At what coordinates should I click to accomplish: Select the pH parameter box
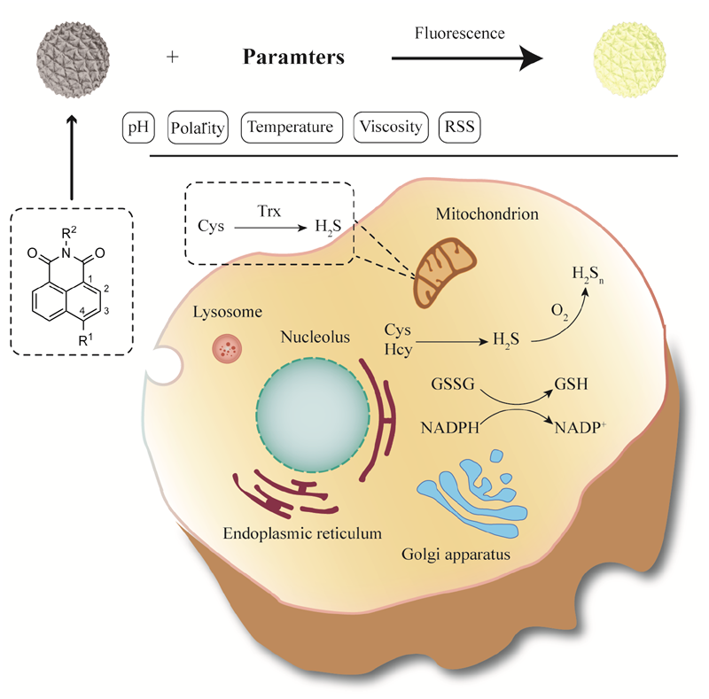137,128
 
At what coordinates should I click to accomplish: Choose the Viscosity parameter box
391,128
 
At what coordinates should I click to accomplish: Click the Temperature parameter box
291,128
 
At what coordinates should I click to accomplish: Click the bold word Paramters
293,59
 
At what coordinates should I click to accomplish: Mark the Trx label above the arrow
267,213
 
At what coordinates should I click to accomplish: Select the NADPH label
451,430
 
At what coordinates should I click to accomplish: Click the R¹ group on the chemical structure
82,339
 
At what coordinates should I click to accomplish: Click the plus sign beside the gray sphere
173,58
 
